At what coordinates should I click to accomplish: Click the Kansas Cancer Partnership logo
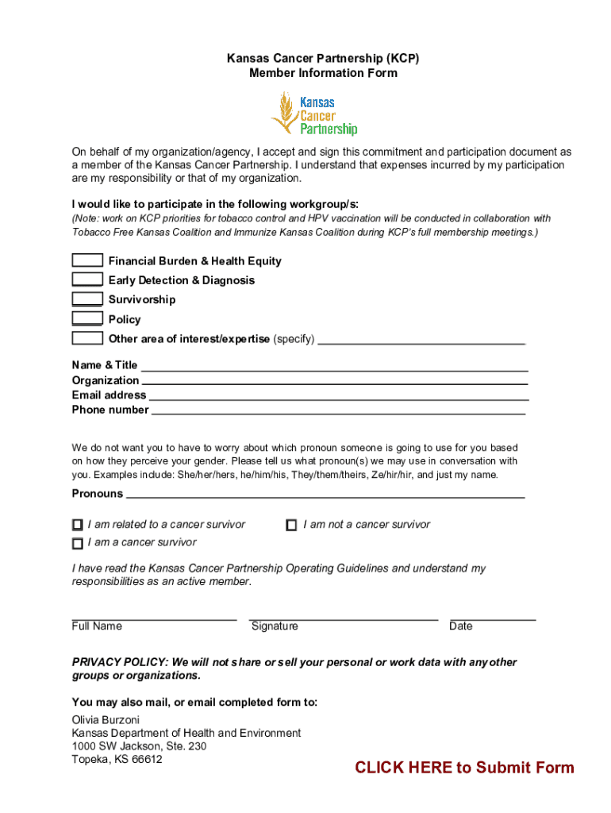point(314,114)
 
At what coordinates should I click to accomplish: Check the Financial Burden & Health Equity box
point(87,260)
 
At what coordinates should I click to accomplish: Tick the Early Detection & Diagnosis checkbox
point(87,279)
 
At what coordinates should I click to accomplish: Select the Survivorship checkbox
point(87,299)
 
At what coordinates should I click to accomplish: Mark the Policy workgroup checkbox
point(87,319)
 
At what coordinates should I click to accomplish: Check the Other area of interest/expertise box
point(87,338)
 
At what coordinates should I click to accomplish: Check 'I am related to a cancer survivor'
point(78,525)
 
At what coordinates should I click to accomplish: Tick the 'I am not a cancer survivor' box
point(292,525)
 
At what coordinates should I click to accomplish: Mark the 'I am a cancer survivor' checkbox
point(78,543)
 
